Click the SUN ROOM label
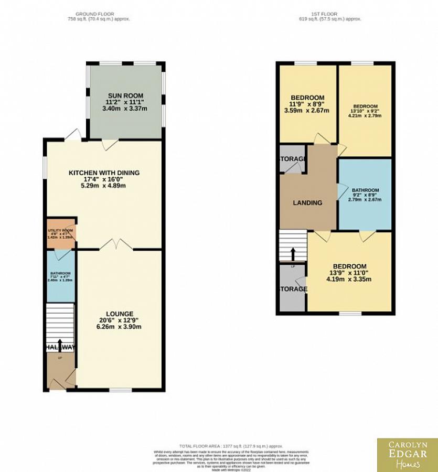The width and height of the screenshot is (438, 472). [126, 95]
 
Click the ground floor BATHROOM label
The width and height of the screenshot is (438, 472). [60, 274]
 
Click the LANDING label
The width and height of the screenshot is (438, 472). [307, 203]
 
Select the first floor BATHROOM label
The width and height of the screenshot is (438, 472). [365, 190]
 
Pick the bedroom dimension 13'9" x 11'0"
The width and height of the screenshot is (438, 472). [349, 273]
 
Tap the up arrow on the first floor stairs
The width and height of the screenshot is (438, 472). [293, 254]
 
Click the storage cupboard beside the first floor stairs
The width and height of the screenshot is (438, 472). [293, 289]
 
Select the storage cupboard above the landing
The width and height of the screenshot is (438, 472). [293, 159]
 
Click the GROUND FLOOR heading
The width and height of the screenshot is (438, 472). [95, 14]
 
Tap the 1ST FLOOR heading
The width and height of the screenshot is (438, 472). [327, 14]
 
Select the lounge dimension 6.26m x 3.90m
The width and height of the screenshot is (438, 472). [120, 327]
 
